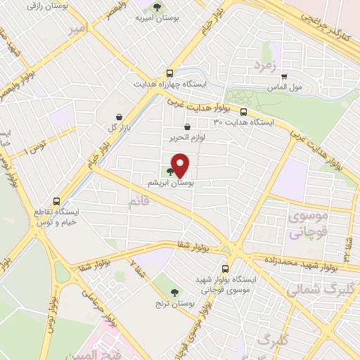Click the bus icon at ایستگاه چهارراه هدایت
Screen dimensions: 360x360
[169, 74]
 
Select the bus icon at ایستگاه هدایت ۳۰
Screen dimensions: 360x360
[243, 112]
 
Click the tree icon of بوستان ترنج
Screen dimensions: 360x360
[174, 292]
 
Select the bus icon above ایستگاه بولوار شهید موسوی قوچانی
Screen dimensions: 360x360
[225, 268]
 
